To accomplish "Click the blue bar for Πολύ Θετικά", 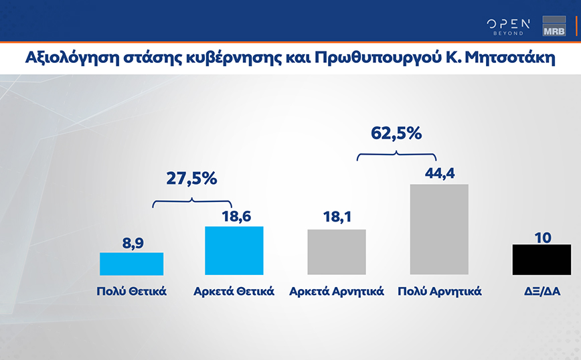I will click(x=131, y=264).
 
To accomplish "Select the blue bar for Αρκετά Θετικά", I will click(x=234, y=250).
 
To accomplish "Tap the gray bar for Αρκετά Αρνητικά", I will click(x=336, y=252).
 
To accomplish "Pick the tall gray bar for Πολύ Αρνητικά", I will click(x=438, y=229).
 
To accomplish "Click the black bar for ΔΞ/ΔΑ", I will click(x=541, y=259).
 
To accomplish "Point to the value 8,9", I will click(x=131, y=241).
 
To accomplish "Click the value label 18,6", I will click(x=234, y=215).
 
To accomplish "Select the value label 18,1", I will click(x=336, y=218).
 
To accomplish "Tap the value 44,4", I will click(x=438, y=173).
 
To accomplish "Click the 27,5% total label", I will click(x=191, y=179).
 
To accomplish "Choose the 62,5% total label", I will click(x=396, y=133).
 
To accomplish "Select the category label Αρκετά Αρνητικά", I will click(x=336, y=292).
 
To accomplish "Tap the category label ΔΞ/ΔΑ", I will click(x=541, y=292).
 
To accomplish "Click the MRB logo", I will click(x=554, y=27).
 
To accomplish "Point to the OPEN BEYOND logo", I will click(x=508, y=27).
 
